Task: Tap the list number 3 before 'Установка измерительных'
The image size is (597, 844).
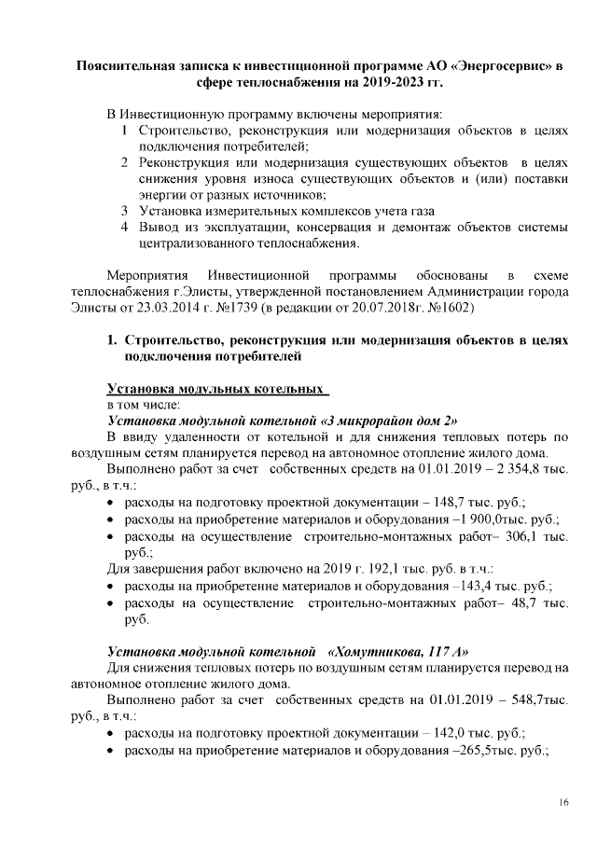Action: tap(124, 211)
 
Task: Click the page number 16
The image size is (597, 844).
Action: tap(564, 802)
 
